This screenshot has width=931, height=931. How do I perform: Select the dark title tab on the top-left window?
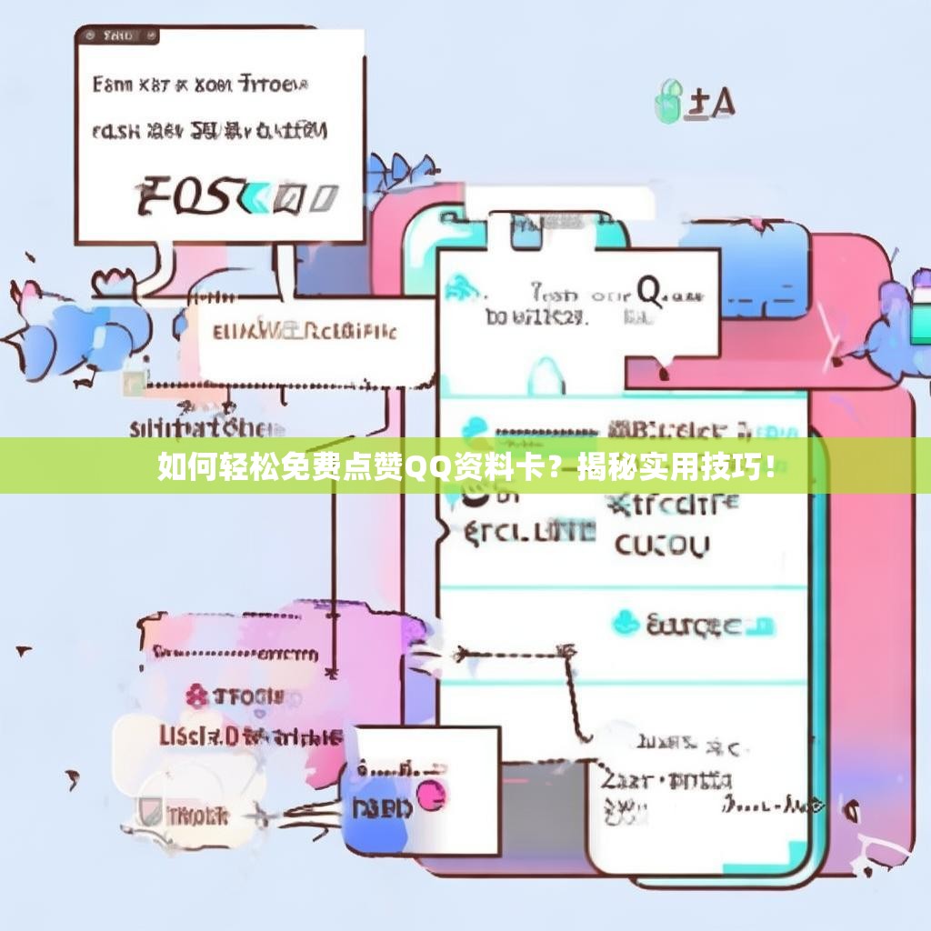coord(119,36)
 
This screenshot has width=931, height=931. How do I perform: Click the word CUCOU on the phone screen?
coord(661,546)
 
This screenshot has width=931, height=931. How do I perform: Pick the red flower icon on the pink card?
coord(196,697)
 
